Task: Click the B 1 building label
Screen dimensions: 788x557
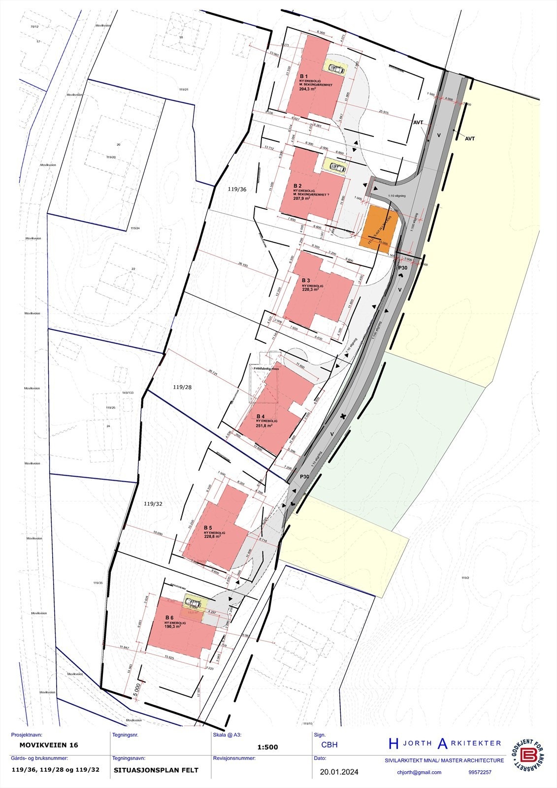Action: pyautogui.click(x=304, y=77)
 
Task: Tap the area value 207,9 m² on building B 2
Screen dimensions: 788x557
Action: pyautogui.click(x=302, y=198)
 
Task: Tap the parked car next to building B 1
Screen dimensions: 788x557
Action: pyautogui.click(x=337, y=68)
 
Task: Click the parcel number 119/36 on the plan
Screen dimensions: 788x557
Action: pyautogui.click(x=237, y=189)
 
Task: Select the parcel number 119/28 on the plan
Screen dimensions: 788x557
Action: pyautogui.click(x=182, y=387)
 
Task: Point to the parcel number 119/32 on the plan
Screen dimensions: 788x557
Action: pyautogui.click(x=153, y=504)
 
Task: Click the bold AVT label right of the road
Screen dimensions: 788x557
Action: pyautogui.click(x=470, y=139)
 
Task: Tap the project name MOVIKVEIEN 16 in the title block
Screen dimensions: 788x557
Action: pyautogui.click(x=48, y=745)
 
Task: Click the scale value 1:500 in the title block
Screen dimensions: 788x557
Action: pyautogui.click(x=267, y=747)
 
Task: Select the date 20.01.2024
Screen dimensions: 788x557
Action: pyautogui.click(x=339, y=772)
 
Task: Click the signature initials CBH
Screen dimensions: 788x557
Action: pyautogui.click(x=329, y=745)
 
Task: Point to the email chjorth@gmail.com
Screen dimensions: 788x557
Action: pyautogui.click(x=419, y=772)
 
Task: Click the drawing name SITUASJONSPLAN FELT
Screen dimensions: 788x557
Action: pyautogui.click(x=156, y=770)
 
